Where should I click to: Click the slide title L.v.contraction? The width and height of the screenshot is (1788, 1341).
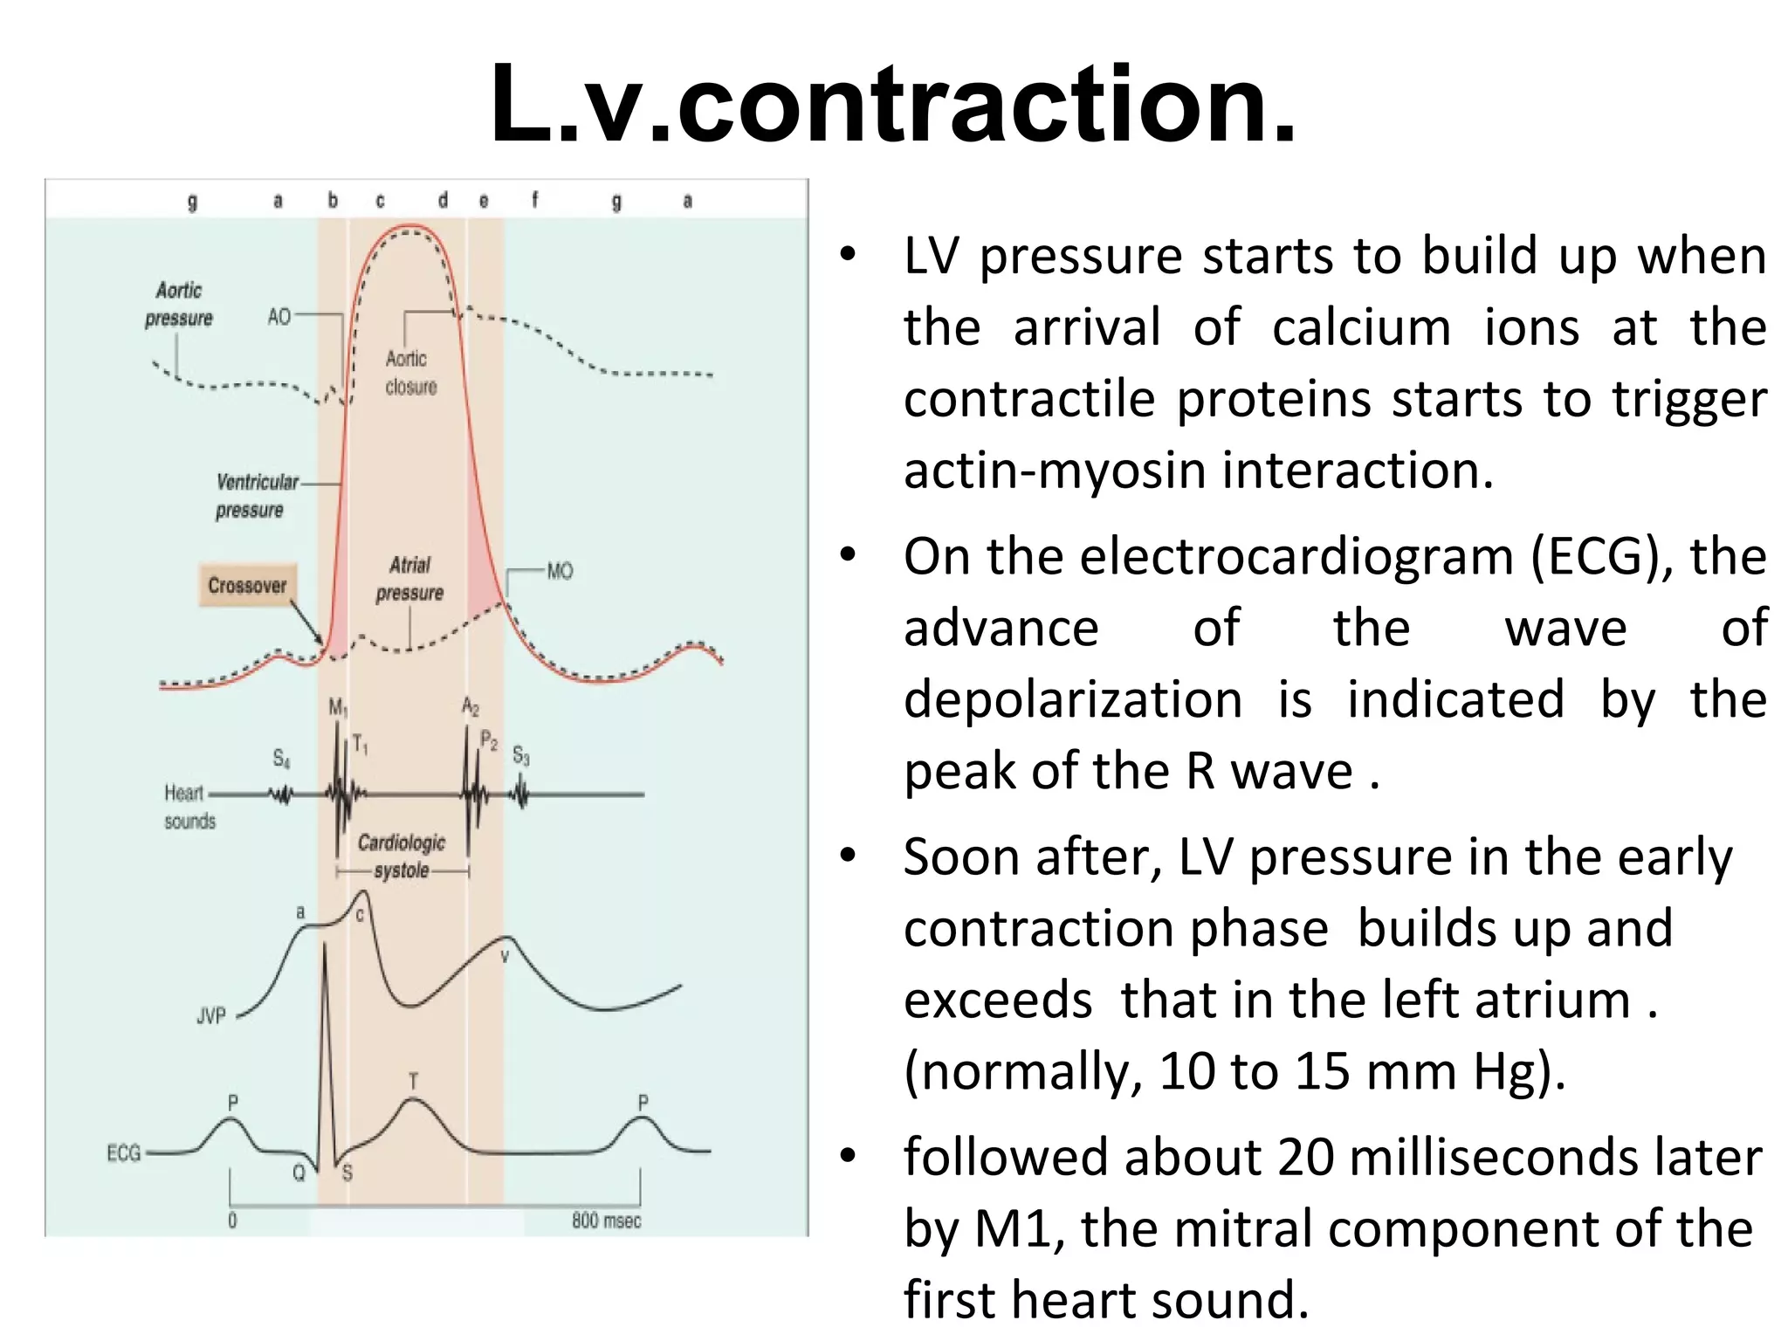(893, 105)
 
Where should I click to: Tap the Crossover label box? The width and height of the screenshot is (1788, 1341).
(247, 585)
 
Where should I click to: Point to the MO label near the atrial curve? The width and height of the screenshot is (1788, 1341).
(560, 571)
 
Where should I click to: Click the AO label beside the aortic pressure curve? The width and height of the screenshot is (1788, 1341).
(279, 316)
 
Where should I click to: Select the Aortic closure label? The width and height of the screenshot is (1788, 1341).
(410, 373)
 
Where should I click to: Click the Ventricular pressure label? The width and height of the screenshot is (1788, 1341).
(256, 496)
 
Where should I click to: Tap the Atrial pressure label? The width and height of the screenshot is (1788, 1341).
(409, 579)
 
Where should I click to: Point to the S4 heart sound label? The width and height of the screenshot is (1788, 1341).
(281, 758)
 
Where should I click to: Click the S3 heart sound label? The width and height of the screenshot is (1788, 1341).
(521, 755)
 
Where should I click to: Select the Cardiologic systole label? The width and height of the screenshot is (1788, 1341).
(402, 856)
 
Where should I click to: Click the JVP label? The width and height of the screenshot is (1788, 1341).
(211, 1015)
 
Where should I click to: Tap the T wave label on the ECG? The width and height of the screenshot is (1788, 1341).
(414, 1082)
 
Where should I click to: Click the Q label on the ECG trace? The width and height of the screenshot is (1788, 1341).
(299, 1173)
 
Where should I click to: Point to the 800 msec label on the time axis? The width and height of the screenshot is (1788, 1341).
(607, 1221)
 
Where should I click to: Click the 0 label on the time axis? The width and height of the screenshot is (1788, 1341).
(232, 1221)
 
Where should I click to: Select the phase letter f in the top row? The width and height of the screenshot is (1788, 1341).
(535, 200)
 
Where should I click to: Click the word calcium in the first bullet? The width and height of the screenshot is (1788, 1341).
(1361, 327)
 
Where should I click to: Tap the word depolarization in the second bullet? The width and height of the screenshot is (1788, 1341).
(1073, 699)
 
